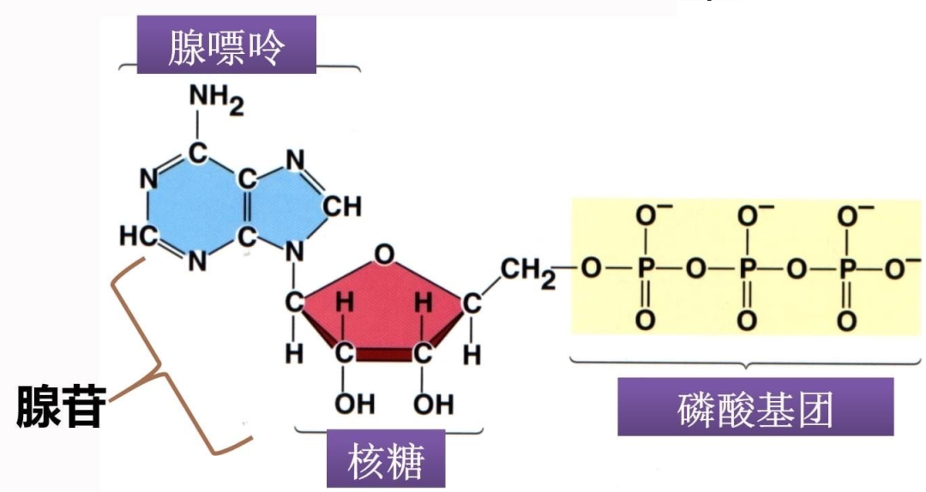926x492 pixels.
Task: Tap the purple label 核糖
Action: pos(386,462)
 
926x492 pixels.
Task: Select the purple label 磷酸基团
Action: pos(755,411)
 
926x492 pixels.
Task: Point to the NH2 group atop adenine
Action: pos(216,101)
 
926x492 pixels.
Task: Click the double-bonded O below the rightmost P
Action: pos(847,321)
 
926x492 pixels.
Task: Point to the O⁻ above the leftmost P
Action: pos(647,213)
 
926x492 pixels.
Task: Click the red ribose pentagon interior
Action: pos(382,300)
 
